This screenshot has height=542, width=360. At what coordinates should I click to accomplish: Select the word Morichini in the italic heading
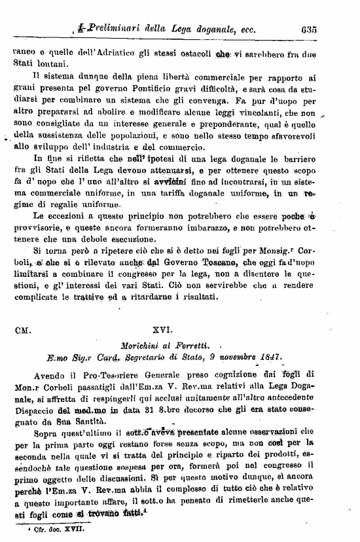[x=149, y=345]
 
